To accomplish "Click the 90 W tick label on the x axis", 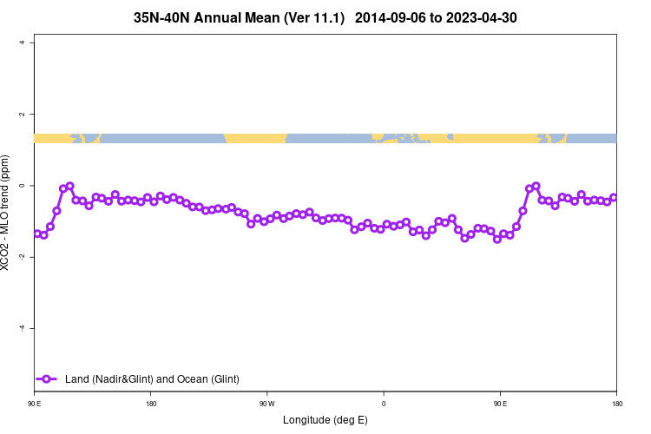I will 266,404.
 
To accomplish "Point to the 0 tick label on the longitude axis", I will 384,404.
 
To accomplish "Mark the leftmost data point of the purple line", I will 37,233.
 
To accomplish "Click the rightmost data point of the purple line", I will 614,198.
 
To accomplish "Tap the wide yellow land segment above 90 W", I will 255,138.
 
